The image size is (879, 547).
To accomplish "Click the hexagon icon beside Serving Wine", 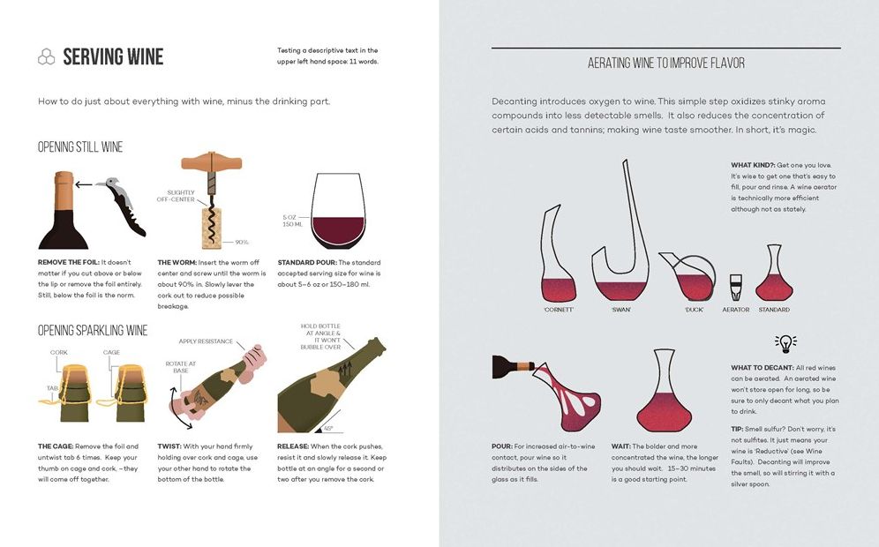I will pyautogui.click(x=46, y=57).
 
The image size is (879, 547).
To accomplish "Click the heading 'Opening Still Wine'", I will pyautogui.click(x=80, y=147).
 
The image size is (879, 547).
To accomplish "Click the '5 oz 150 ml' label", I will pyautogui.click(x=290, y=220).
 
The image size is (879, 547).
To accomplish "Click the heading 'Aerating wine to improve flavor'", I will pyautogui.click(x=665, y=64).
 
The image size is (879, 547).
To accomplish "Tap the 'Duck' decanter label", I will pyautogui.click(x=693, y=310).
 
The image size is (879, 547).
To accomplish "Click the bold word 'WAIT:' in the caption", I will pyautogui.click(x=621, y=446).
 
